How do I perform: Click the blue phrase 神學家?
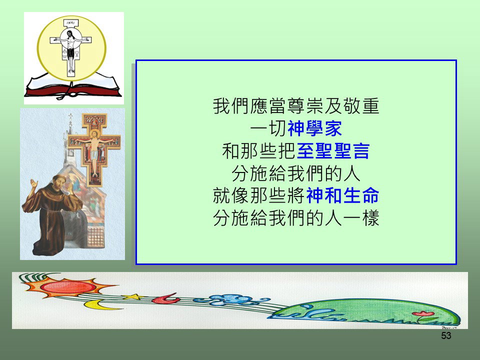pyautogui.click(x=314, y=128)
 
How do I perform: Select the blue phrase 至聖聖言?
pyautogui.click(x=333, y=151)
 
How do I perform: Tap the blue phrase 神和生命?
pyautogui.click(x=343, y=195)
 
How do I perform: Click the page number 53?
pyautogui.click(x=446, y=335)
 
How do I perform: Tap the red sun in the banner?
pyautogui.click(x=68, y=286)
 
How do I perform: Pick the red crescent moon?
pyautogui.click(x=165, y=299)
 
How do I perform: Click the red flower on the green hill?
pyautogui.click(x=423, y=314)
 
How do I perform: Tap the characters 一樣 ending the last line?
pyautogui.click(x=361, y=218)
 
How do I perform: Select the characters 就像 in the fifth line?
pyautogui.click(x=231, y=195)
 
